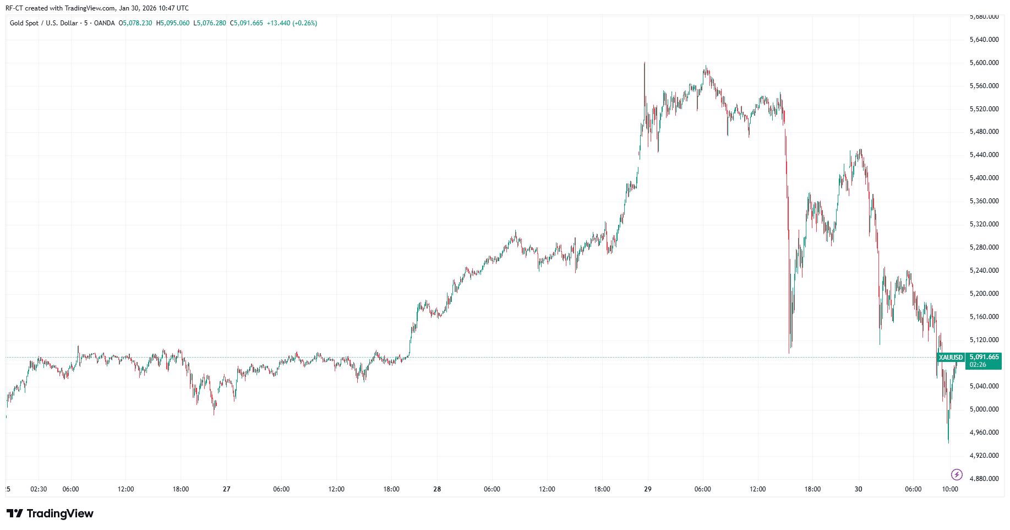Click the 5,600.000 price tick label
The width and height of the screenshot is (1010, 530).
click(x=984, y=63)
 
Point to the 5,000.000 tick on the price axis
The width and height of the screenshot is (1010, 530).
click(x=984, y=409)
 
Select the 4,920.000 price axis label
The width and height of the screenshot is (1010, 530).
click(x=984, y=456)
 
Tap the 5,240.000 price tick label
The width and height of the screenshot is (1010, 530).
click(x=984, y=271)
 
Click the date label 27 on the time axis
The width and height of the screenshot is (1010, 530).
click(x=227, y=489)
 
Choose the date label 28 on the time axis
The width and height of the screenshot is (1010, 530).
click(x=437, y=489)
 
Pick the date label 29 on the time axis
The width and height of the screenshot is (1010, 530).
click(x=648, y=489)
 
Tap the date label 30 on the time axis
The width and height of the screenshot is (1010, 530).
click(x=858, y=489)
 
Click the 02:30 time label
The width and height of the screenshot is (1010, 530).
click(x=39, y=489)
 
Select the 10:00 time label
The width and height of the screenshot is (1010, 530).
click(x=950, y=489)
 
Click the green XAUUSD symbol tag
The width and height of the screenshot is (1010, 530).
click(x=951, y=358)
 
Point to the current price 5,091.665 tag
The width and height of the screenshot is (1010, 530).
click(x=984, y=357)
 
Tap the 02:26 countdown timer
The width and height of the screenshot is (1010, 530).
click(x=978, y=365)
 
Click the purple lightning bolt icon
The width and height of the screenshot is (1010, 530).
click(x=957, y=474)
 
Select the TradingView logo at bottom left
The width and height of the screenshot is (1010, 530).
click(x=50, y=513)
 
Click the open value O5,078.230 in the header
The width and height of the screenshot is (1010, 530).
click(x=135, y=23)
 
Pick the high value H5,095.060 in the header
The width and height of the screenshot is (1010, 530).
click(x=173, y=23)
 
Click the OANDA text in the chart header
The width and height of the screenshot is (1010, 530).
click(x=104, y=23)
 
